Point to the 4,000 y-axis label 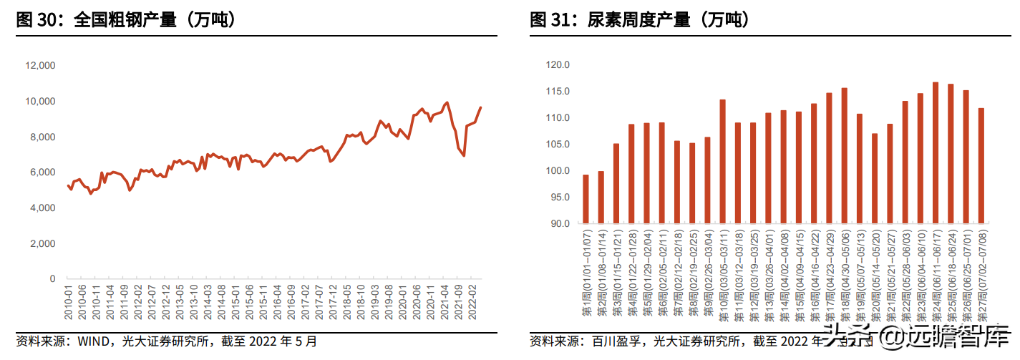42,208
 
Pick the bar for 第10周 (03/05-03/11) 722,162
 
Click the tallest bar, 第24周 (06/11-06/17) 935,153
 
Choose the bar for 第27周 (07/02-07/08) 981,166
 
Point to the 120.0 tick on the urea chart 556,65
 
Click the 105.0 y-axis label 556,145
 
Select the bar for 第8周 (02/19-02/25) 692,183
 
